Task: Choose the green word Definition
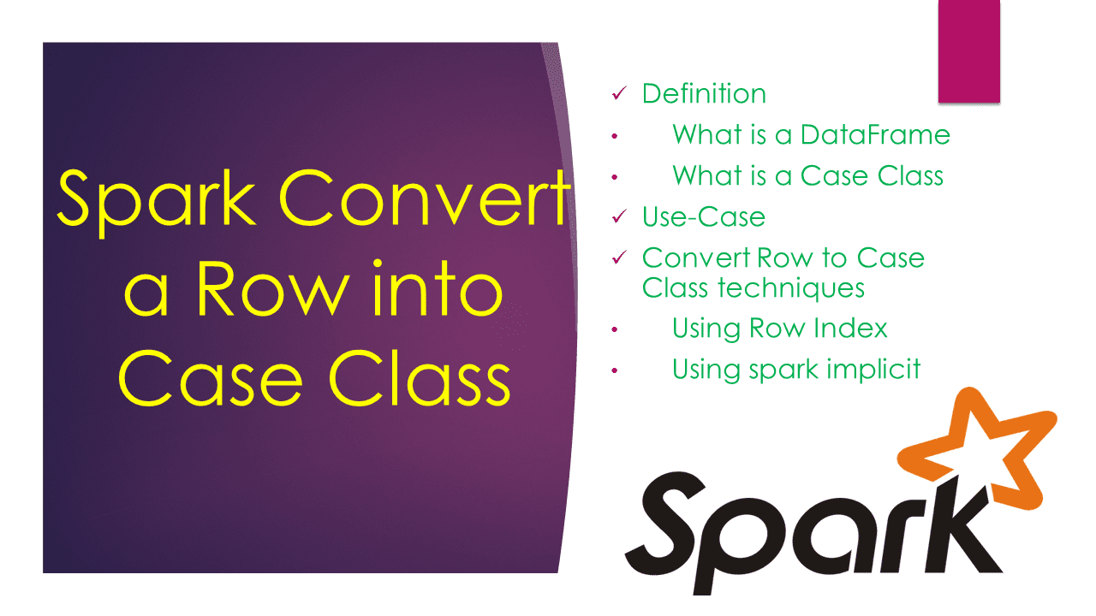[x=704, y=93]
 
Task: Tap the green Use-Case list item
[x=704, y=216]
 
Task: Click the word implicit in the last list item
[x=866, y=369]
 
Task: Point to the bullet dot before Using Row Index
[x=614, y=329]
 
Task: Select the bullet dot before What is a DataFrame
[x=614, y=136]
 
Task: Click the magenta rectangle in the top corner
[x=969, y=51]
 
